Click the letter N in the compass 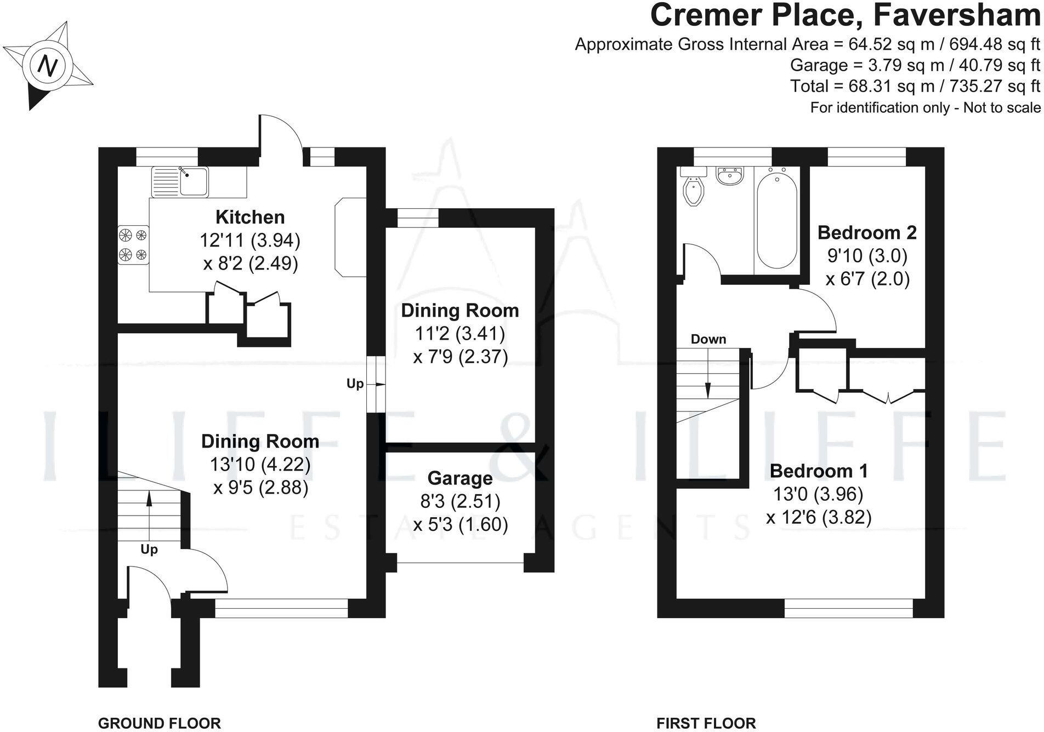tap(48, 66)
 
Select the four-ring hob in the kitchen tap(133, 245)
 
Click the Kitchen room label tap(250, 217)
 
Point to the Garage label tap(460, 478)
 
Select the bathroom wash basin tap(730, 176)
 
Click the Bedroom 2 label tap(867, 232)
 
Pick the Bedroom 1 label tap(819, 471)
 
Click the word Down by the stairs tap(708, 339)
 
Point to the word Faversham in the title tap(956, 15)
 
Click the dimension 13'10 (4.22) tap(260, 465)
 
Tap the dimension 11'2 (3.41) tap(460, 333)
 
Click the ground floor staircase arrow tap(149, 510)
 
